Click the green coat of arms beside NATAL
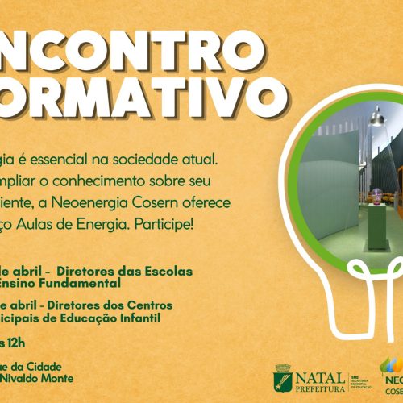pyautogui.click(x=285, y=378)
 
